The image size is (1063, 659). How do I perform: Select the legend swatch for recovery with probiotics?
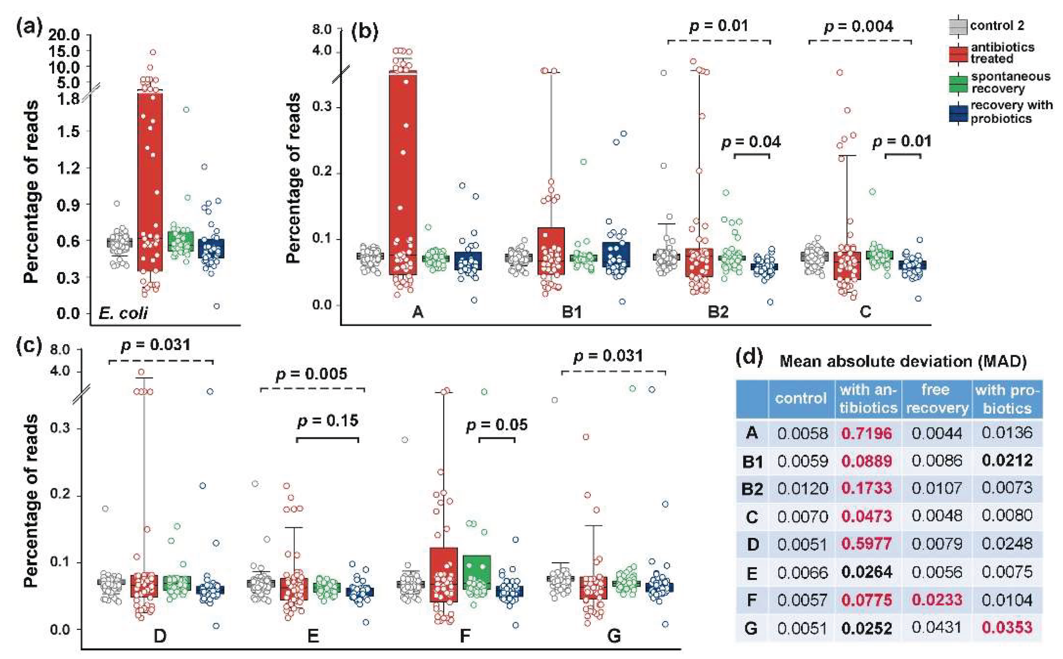(x=958, y=113)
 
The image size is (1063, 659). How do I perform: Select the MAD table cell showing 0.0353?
(x=1007, y=627)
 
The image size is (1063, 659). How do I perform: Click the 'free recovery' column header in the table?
(x=936, y=398)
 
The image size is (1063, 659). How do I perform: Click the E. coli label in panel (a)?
(x=123, y=313)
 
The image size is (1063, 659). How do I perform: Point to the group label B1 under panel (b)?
(x=571, y=312)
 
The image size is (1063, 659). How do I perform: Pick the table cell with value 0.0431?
(x=936, y=627)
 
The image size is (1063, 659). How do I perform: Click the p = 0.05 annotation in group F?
(x=497, y=425)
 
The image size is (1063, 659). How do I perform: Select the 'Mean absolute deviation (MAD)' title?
(x=902, y=361)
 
